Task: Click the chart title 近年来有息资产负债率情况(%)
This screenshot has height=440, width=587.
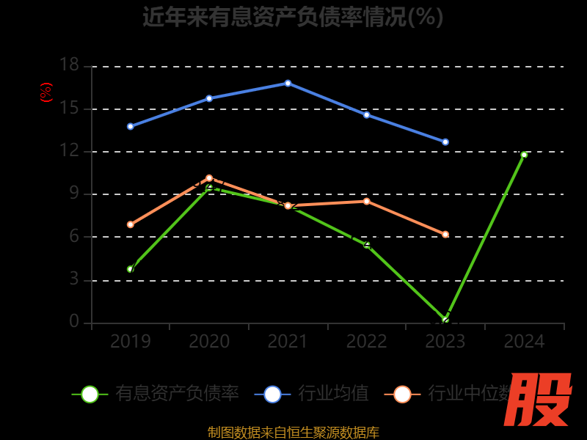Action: tap(293, 17)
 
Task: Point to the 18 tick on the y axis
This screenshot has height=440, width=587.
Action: tap(69, 65)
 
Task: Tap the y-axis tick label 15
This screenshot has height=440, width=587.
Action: tap(69, 109)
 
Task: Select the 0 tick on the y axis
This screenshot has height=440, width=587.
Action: tap(74, 321)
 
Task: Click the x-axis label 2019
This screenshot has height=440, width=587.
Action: tap(131, 342)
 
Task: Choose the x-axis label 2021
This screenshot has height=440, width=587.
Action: tap(288, 342)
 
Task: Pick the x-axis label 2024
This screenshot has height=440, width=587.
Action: tap(524, 342)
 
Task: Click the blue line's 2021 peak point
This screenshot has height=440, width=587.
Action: tap(288, 83)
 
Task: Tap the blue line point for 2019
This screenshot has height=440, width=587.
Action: tap(131, 126)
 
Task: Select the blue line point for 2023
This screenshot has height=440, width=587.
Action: tap(445, 142)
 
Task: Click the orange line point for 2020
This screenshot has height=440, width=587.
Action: tap(209, 177)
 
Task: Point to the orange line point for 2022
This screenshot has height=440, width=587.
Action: tap(367, 201)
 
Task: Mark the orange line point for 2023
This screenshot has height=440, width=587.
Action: tap(445, 235)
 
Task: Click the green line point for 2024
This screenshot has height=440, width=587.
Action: tap(524, 155)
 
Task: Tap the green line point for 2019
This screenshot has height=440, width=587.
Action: tap(131, 269)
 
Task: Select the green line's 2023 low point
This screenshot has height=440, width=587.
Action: tap(445, 320)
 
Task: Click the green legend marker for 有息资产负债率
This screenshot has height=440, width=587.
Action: tap(90, 394)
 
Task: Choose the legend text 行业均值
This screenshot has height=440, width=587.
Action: tap(333, 394)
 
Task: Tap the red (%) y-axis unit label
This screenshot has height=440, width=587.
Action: tap(46, 92)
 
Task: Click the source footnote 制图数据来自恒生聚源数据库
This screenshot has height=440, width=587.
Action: tap(293, 433)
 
